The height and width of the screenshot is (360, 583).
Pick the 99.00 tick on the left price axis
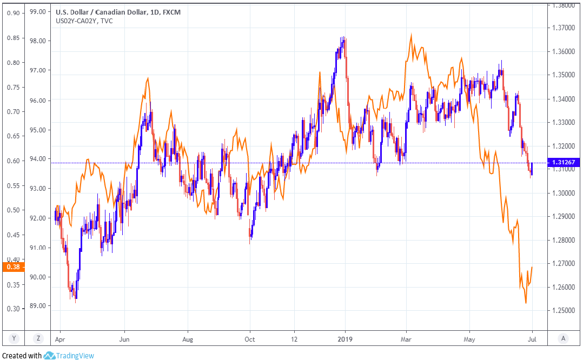[37, 11]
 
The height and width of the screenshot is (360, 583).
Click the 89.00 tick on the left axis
[37, 306]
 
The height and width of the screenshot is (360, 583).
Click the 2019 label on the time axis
[345, 339]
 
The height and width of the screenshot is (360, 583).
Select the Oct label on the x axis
[249, 339]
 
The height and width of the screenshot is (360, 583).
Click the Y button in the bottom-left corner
[14, 339]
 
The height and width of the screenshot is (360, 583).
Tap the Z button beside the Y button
[38, 339]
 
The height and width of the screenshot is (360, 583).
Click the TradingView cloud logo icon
[49, 356]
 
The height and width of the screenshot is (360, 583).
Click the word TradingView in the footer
[76, 356]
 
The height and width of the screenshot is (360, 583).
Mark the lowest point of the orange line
[526, 303]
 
